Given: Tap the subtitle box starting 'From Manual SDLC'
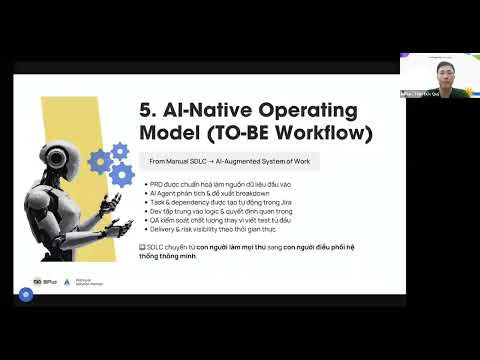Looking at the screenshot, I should pos(229,160).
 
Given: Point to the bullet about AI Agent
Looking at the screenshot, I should pos(206,194).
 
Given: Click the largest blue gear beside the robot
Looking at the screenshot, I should pos(122,175).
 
